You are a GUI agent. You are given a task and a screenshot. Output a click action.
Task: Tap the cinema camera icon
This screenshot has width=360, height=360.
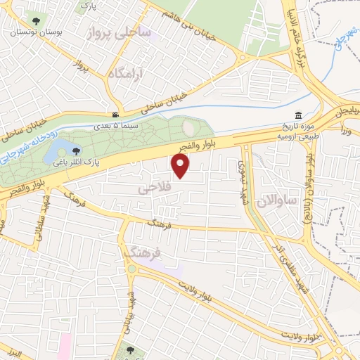[115, 115]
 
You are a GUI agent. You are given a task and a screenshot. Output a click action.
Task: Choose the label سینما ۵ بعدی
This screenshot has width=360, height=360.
[115, 127]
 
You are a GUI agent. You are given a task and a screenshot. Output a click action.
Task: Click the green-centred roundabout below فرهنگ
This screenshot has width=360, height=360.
[131, 269]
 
